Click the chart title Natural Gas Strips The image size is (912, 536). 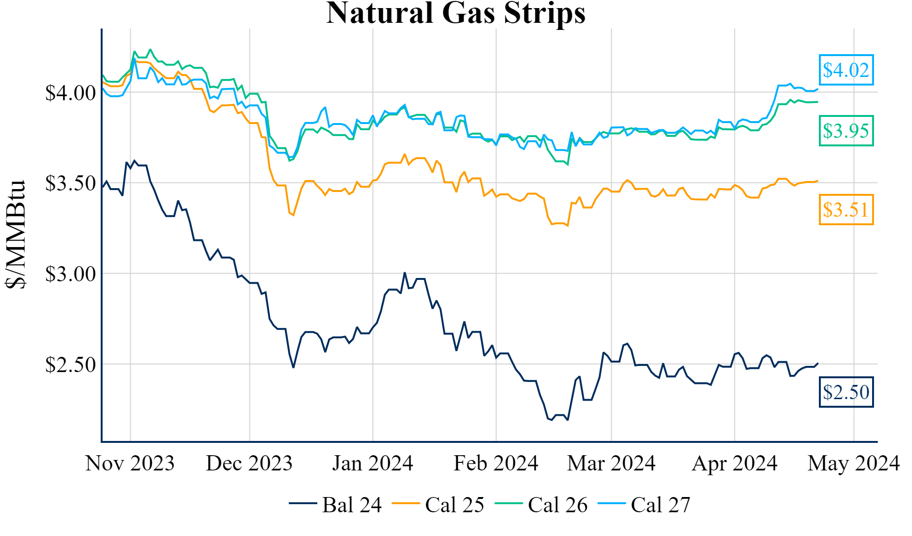click(x=456, y=13)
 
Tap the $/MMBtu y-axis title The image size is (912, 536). click(x=15, y=234)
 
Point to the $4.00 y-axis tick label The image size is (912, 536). click(x=70, y=93)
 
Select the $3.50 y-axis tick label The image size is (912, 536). click(x=70, y=183)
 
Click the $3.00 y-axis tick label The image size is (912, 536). click(x=70, y=274)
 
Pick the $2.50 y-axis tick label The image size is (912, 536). click(x=70, y=365)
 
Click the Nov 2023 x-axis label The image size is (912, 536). click(x=130, y=463)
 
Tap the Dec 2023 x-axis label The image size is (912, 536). click(x=249, y=463)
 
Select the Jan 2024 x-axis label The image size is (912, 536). click(x=372, y=463)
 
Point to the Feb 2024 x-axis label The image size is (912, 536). click(x=496, y=463)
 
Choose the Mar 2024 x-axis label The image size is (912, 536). click(x=611, y=463)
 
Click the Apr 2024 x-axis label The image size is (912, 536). click(x=734, y=463)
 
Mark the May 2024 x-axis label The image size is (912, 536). click(x=854, y=463)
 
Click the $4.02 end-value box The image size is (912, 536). click(x=846, y=70)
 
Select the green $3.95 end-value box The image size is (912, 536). click(x=846, y=131)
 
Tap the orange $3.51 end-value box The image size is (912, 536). click(x=846, y=210)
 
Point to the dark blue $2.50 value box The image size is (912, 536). click(x=846, y=392)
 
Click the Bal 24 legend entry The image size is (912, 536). click(x=336, y=505)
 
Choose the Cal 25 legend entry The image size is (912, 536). click(x=439, y=505)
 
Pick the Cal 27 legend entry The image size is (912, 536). click(x=645, y=505)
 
